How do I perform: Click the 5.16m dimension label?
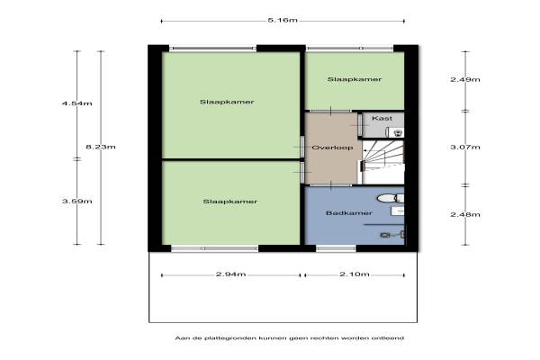[283, 20]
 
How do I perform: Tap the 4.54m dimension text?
[76, 103]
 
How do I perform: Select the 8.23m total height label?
[101, 147]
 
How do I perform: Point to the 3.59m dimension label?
[76, 202]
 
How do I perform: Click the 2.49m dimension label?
[465, 79]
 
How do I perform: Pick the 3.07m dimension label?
[465, 147]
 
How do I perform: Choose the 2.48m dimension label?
[465, 214]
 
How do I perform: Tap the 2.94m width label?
[230, 274]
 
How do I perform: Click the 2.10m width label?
[355, 274]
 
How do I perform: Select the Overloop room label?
[332, 148]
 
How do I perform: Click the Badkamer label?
[349, 213]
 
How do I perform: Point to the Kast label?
[382, 118]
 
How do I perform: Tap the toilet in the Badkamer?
[391, 198]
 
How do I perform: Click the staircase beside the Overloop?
[382, 162]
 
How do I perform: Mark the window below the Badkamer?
[336, 248]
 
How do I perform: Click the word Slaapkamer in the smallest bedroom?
[355, 79]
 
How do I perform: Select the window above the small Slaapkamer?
[350, 49]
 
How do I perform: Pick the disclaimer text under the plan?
[289, 338]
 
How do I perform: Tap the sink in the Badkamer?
[398, 211]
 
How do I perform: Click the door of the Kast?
[359, 125]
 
